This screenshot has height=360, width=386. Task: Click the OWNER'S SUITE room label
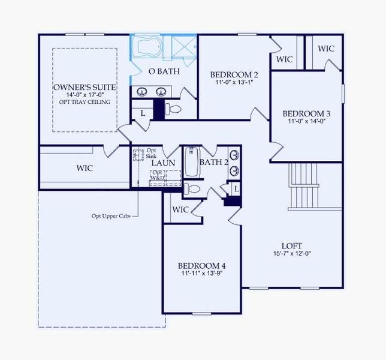[85, 88]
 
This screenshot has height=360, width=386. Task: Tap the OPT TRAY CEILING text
[85, 102]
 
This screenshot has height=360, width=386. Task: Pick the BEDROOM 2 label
[234, 74]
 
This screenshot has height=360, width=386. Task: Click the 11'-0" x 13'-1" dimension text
[234, 83]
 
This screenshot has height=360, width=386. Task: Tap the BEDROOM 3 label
[306, 113]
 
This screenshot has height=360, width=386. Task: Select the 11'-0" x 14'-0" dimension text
[306, 122]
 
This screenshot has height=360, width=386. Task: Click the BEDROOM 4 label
[201, 265]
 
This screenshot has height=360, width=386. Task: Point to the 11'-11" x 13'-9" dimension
[201, 274]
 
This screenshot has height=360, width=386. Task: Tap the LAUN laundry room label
[162, 163]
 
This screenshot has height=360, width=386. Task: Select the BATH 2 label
[214, 162]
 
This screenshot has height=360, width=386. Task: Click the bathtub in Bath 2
[192, 162]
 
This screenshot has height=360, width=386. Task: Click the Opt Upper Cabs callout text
[111, 216]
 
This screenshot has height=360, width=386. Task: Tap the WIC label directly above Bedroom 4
[180, 209]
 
